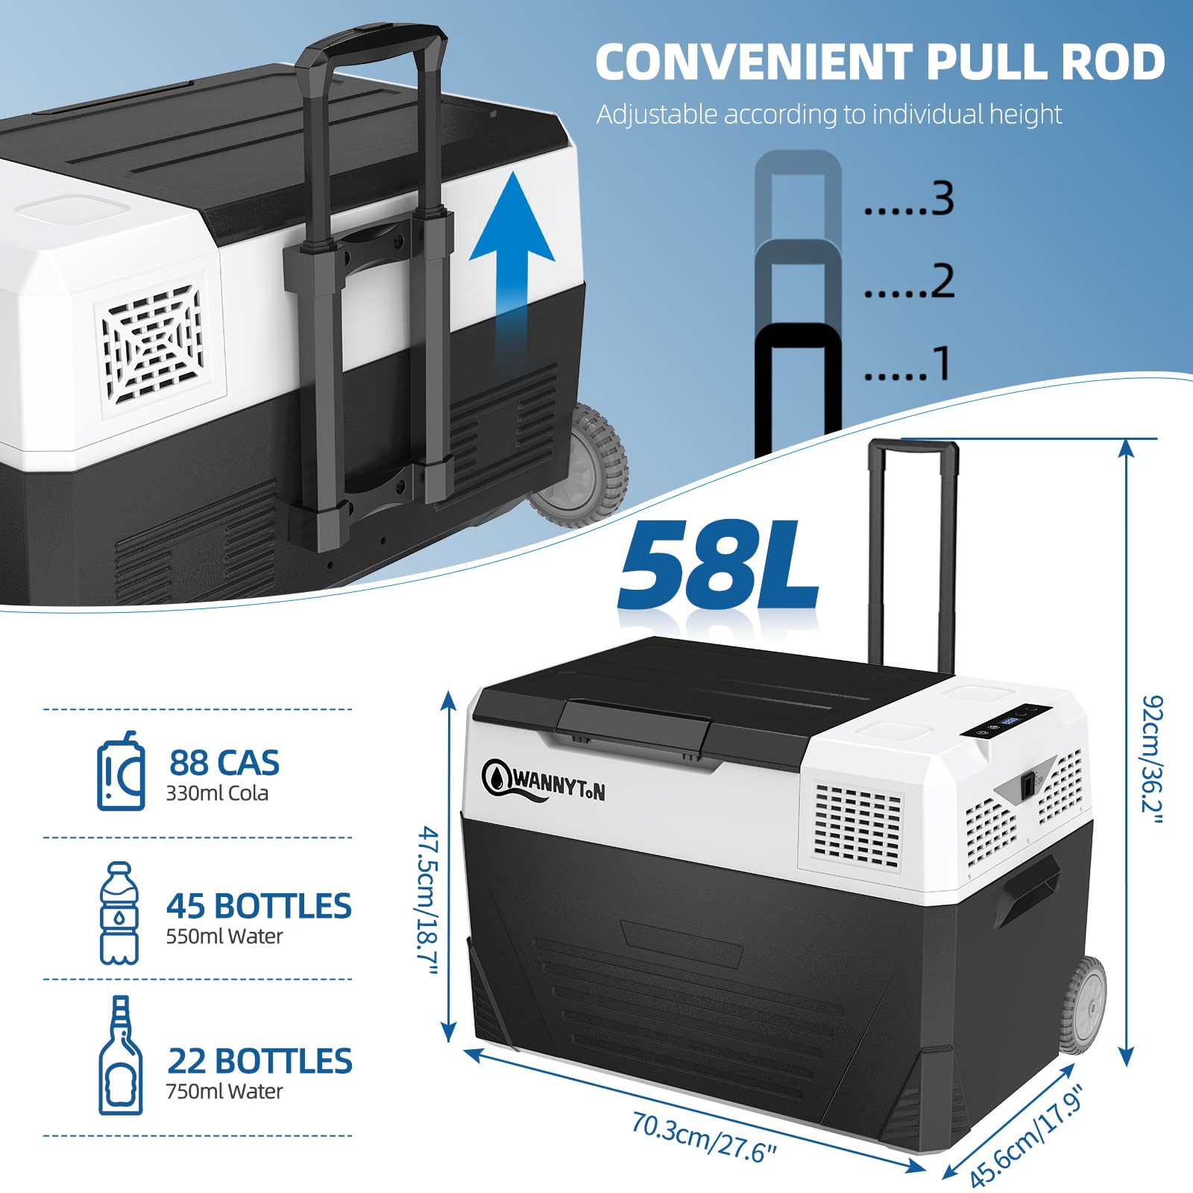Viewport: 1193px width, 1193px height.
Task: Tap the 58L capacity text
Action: [719, 565]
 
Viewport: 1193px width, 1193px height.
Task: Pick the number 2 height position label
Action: [942, 281]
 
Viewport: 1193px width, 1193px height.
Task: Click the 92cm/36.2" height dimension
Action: [1153, 760]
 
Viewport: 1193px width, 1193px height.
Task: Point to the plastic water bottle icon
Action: [119, 913]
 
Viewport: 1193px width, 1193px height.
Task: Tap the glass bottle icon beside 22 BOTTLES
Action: [121, 1055]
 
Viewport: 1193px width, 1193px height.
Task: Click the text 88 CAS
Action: [224, 763]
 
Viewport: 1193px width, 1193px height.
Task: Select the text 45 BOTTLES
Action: [259, 906]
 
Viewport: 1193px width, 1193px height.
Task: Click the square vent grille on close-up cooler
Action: [154, 344]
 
